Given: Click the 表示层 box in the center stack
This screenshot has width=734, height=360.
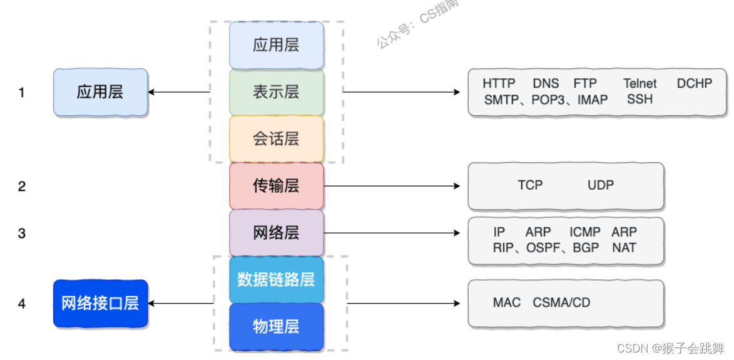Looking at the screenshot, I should click(276, 92).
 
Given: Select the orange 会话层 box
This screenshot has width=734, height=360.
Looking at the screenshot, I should click(276, 139).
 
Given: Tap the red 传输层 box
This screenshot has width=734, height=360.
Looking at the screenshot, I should click(276, 186).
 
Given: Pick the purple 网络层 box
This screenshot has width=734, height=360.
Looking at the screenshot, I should click(276, 233).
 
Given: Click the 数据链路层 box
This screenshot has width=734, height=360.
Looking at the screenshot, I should click(276, 279).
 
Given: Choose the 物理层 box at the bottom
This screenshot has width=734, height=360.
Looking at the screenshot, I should click(276, 326).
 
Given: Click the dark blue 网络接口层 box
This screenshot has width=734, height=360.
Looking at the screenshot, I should click(100, 304).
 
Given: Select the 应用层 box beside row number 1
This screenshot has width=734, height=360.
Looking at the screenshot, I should click(100, 93).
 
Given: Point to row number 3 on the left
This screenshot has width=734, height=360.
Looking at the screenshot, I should click(22, 234).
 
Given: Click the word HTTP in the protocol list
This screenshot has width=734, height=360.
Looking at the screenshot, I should click(499, 83).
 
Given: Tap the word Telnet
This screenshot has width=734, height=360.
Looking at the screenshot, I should click(640, 83).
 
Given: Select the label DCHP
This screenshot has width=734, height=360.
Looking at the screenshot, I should click(694, 83).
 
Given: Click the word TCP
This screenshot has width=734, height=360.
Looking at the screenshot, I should click(530, 185).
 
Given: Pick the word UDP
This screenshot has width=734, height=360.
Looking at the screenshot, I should click(601, 185).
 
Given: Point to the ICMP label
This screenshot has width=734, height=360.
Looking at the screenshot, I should click(585, 232).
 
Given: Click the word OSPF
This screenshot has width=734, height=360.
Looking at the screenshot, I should click(544, 248).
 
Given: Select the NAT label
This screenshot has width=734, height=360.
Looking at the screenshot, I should click(624, 248).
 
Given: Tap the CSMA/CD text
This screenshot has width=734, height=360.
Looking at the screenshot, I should click(561, 303).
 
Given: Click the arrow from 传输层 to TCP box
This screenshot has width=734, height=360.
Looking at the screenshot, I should click(392, 186).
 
